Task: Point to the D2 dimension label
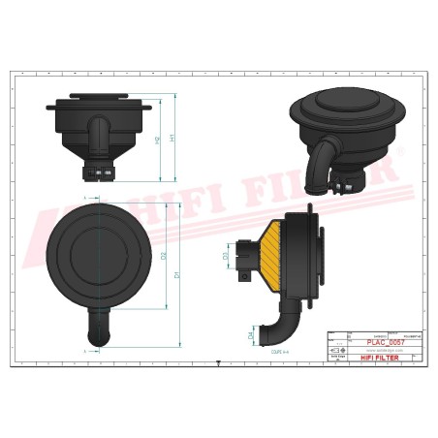(164, 256)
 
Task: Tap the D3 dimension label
(226, 257)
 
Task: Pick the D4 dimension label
(251, 335)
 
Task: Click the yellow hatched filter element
(275, 248)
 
